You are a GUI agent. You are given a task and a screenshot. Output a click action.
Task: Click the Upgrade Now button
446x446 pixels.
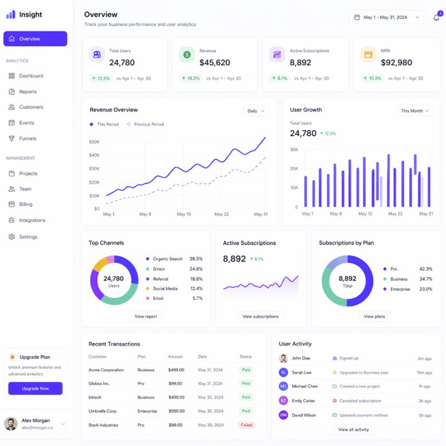[35, 388]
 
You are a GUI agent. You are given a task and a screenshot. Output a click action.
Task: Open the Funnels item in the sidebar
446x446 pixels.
[27, 138]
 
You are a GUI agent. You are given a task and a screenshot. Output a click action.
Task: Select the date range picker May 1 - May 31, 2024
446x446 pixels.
[386, 17]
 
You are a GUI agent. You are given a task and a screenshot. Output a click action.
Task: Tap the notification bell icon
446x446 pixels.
[436, 18]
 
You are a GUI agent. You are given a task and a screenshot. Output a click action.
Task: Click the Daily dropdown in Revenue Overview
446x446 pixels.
[256, 111]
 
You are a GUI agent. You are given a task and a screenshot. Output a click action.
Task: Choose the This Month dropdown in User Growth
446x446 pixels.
[415, 111]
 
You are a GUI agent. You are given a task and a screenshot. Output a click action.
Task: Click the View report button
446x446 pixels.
[146, 316]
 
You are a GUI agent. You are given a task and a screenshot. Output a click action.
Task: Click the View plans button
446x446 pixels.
[374, 316]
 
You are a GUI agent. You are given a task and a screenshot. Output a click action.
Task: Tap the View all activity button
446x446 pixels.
[353, 429]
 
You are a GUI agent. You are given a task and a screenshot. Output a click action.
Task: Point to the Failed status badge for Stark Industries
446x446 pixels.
[246, 425]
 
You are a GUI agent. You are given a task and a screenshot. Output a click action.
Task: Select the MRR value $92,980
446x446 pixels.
[396, 63]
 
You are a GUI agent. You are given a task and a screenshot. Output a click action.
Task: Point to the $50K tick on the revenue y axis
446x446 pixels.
[94, 142]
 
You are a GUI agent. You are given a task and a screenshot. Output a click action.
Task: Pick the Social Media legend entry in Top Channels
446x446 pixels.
[165, 288]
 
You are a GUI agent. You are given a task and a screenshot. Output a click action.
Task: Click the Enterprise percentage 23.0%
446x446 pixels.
[425, 289]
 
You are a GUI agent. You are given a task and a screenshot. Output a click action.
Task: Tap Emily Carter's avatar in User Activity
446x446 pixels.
[283, 400]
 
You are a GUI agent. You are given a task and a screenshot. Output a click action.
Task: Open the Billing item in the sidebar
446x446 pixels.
[26, 205]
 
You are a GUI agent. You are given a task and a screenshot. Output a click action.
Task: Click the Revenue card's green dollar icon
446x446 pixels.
[187, 55]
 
